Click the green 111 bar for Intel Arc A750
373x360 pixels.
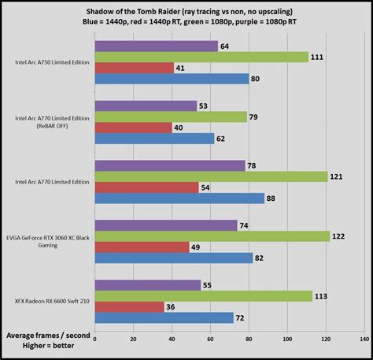201,57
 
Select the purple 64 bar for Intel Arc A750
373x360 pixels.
156,46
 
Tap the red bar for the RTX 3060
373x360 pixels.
142,247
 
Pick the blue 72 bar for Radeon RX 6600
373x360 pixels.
164,317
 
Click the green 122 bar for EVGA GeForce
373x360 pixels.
212,236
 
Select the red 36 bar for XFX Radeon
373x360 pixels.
129,306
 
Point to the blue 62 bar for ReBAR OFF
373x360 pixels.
154,139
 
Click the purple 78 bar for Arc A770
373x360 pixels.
169,165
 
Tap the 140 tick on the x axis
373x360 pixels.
364,340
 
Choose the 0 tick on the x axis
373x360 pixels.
94,340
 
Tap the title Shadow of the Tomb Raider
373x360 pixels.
186,9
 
